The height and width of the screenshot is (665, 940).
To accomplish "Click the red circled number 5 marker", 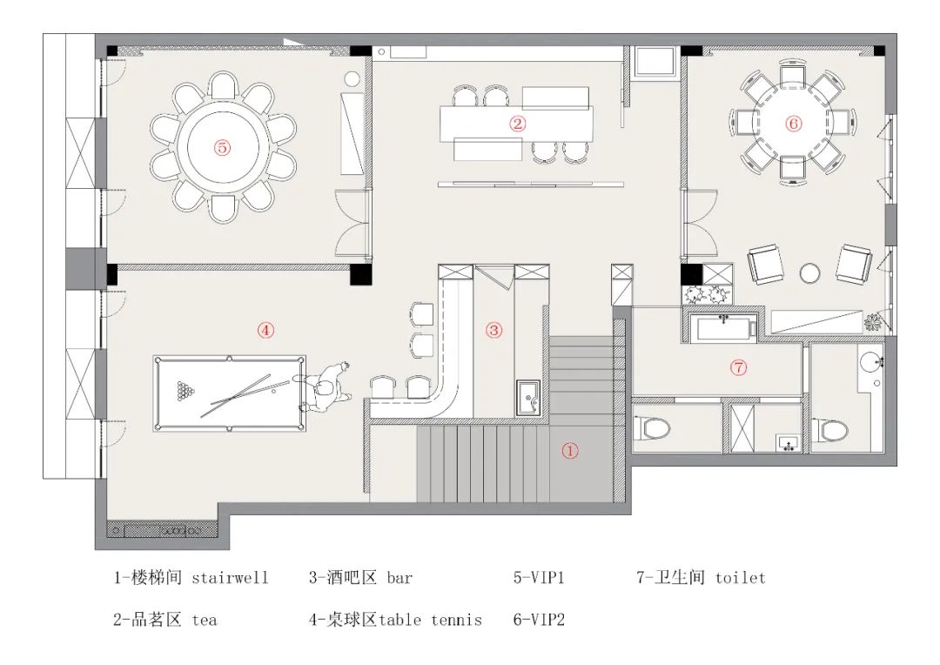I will point(224,148).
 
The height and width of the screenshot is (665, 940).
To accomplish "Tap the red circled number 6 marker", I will point(793,124).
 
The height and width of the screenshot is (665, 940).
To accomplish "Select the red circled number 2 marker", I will point(518,124).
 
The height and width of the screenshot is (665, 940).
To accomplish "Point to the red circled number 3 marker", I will point(493,330).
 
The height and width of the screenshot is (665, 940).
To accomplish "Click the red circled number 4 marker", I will point(265,329).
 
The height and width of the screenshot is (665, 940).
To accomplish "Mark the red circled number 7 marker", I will point(738,367).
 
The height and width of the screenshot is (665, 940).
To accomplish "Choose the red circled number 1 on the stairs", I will point(569,451).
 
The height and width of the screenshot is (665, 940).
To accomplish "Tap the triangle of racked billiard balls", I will point(185,393).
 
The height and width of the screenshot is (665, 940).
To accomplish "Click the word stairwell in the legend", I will point(230,577).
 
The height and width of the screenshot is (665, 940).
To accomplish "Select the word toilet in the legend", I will point(740,577).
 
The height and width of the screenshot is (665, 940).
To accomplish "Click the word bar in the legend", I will point(399,577).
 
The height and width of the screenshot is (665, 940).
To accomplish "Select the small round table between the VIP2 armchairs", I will point(810,272).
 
